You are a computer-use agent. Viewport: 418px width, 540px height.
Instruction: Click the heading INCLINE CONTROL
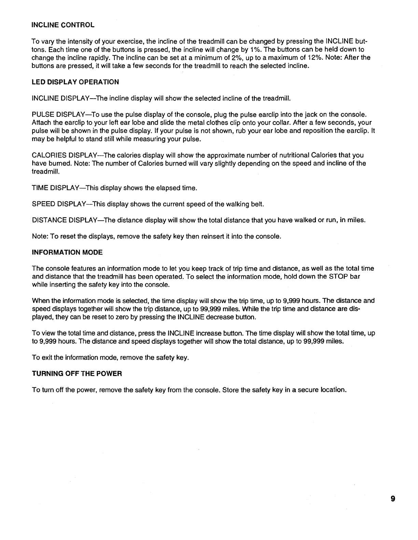(x=63, y=25)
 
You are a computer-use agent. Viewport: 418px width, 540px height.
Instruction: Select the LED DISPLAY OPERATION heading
(x=75, y=82)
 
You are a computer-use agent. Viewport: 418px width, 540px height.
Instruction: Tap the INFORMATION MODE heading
(x=67, y=253)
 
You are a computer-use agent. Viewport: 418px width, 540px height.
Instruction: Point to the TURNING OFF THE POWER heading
(x=77, y=374)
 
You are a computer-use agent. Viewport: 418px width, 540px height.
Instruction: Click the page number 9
(x=393, y=499)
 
